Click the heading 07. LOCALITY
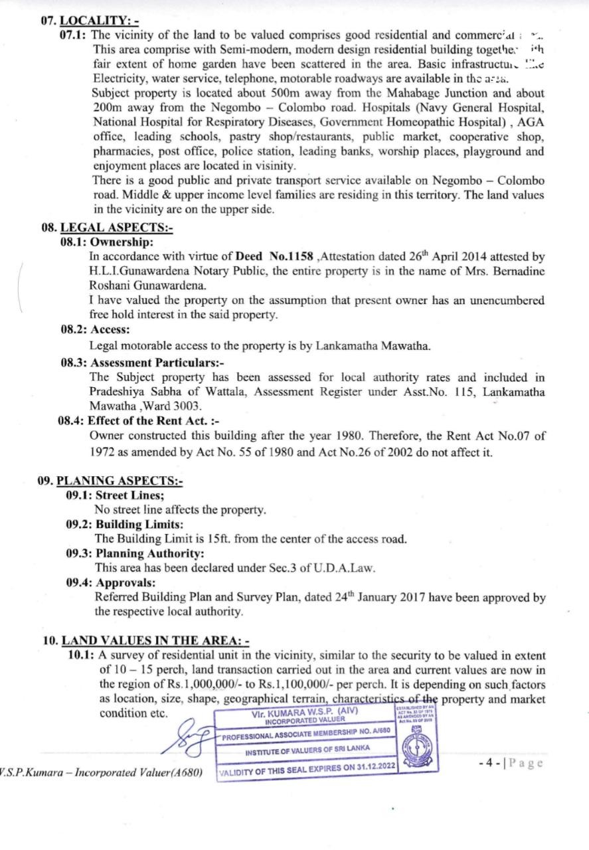pos(90,21)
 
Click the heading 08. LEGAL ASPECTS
pos(106,228)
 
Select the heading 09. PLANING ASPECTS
pos(110,481)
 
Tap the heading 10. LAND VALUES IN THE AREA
pos(145,641)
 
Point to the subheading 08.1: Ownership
pos(106,242)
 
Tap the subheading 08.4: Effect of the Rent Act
pos(140,421)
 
